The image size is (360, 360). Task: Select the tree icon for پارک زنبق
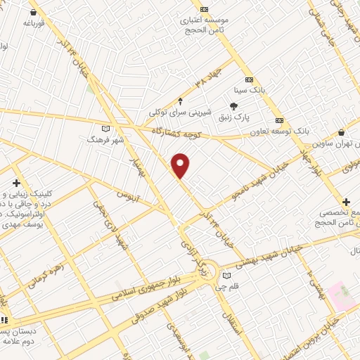(233, 106)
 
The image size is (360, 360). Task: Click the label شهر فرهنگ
(105, 140)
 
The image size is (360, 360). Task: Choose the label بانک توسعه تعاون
(280, 131)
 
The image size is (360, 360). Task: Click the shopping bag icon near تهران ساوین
(341, 132)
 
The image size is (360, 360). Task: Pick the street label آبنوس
(129, 194)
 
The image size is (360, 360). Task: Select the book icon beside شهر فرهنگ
(105, 129)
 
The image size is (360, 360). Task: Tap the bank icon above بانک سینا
(249, 79)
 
